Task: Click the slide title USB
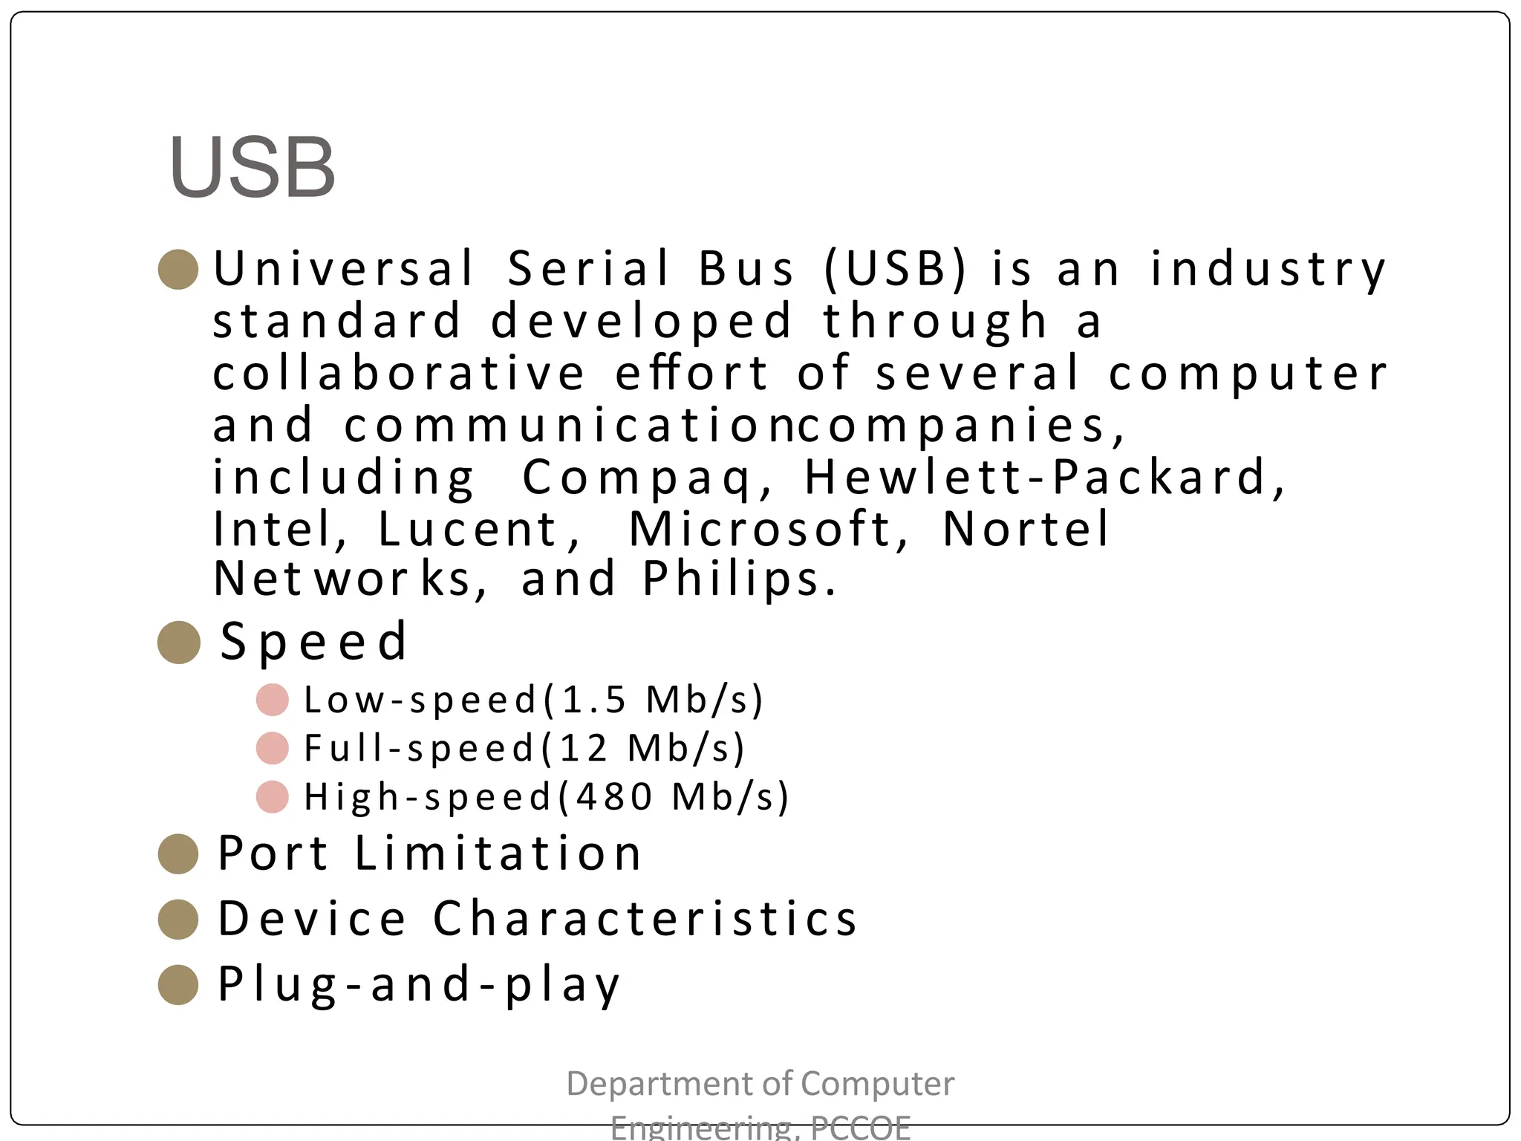[x=253, y=168]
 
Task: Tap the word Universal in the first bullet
[x=343, y=268]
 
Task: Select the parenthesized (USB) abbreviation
[x=896, y=268]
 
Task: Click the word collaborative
[x=399, y=373]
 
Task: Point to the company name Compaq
[x=637, y=478]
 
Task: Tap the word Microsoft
[x=760, y=530]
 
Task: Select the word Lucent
[x=468, y=530]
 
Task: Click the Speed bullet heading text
[x=314, y=641]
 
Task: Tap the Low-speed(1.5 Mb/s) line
[x=533, y=700]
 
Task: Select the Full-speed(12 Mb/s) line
[x=524, y=748]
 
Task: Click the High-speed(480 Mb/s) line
[x=546, y=797]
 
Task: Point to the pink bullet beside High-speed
[x=272, y=797]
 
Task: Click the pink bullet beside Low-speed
[x=272, y=700]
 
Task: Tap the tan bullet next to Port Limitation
[x=178, y=854]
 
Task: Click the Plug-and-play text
[x=418, y=984]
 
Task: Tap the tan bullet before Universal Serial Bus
[x=178, y=269]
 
